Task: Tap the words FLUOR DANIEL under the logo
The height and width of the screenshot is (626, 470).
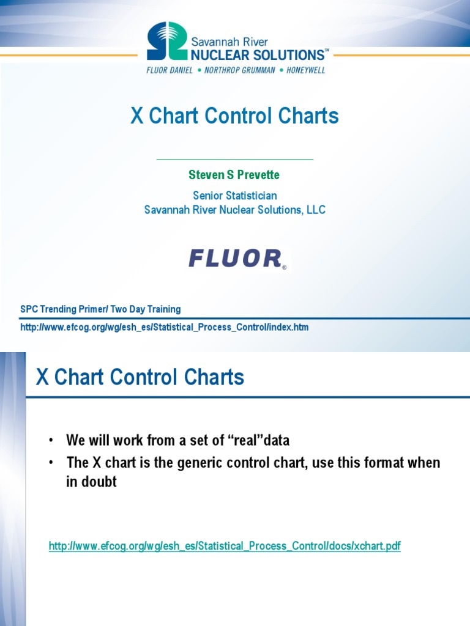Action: click(x=170, y=70)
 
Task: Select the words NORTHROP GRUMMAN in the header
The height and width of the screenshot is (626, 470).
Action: click(x=236, y=70)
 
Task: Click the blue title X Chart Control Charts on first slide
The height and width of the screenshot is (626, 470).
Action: click(x=234, y=116)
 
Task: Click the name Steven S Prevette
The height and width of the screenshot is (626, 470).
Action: click(x=234, y=175)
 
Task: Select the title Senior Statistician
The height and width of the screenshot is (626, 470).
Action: click(x=234, y=196)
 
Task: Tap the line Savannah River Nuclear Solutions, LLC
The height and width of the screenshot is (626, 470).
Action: click(x=234, y=210)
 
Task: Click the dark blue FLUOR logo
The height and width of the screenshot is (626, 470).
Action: click(x=236, y=258)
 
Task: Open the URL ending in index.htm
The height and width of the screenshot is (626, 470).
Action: click(x=165, y=327)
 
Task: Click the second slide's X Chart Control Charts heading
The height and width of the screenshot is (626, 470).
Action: click(x=140, y=377)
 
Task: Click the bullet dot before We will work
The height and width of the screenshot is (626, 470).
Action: click(x=52, y=441)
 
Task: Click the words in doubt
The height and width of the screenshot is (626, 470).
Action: click(x=91, y=482)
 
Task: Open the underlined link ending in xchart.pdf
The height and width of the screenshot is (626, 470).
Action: click(x=225, y=546)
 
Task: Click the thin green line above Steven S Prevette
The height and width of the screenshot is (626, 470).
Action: click(x=234, y=160)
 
